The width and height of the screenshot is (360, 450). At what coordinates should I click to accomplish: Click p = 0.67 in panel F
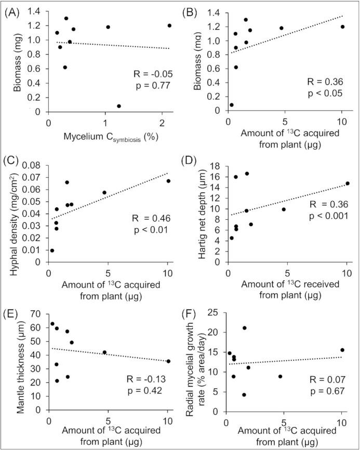tap(327, 385)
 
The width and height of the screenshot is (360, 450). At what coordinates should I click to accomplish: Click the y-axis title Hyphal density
tap(11, 214)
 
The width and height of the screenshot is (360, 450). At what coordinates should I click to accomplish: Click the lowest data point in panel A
tap(119, 106)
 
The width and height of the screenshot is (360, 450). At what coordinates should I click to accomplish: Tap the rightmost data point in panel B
tap(342, 27)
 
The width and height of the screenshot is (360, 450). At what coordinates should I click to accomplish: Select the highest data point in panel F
tap(244, 328)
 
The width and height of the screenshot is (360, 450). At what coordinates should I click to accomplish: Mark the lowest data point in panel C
tap(52, 250)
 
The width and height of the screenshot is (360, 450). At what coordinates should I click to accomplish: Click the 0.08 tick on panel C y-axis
tap(35, 166)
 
